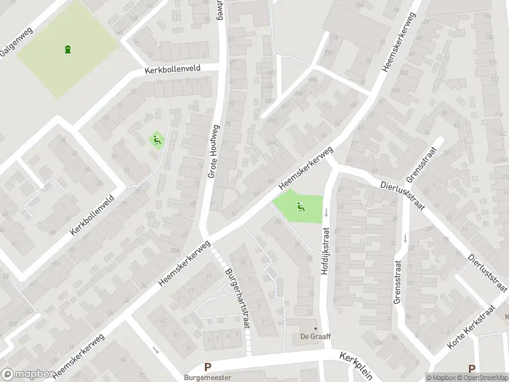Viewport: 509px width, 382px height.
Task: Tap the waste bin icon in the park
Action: (x=67, y=49)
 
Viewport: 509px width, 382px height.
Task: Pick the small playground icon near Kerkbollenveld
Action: (x=156, y=139)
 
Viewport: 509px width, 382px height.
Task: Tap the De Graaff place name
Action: (x=315, y=337)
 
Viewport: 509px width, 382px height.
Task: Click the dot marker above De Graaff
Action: (x=315, y=329)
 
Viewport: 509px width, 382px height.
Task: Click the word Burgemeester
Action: (x=207, y=377)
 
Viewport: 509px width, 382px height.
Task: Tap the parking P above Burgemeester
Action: (x=207, y=367)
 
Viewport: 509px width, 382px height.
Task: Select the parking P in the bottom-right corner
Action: (x=471, y=368)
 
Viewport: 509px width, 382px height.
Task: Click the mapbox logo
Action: (x=25, y=374)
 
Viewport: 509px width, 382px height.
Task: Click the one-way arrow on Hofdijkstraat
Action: (x=324, y=212)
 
